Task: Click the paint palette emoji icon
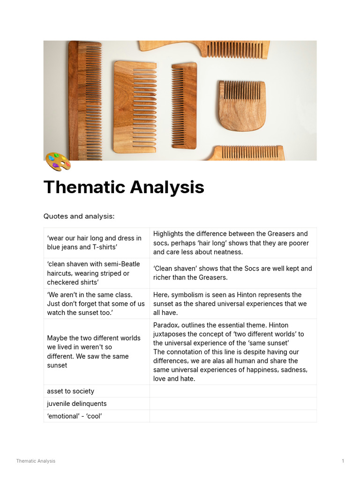tap(58, 161)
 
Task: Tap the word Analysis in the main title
tap(166, 187)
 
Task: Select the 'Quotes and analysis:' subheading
tap(79, 216)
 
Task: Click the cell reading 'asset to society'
tap(70, 391)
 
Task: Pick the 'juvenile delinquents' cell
tap(76, 404)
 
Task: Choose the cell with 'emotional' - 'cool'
tap(74, 416)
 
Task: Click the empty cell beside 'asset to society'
tap(233, 391)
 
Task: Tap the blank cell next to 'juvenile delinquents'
tap(233, 404)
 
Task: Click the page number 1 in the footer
tap(343, 461)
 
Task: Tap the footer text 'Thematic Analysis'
tap(36, 461)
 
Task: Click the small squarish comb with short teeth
tap(242, 105)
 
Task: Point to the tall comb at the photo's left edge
tap(84, 101)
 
